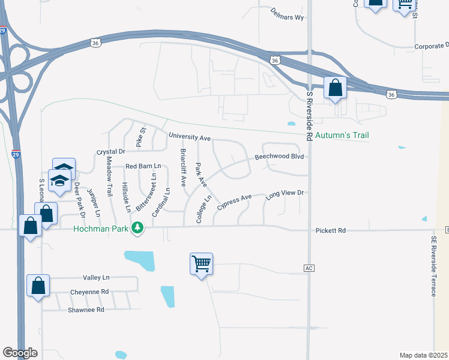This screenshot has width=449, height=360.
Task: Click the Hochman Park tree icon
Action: (138, 228)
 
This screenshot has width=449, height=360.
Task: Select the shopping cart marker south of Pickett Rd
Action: (201, 264)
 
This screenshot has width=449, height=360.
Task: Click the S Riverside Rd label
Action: (310, 116)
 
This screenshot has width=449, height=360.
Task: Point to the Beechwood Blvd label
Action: (280, 156)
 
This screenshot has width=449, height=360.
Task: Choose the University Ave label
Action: (189, 137)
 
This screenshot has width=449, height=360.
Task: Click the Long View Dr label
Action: (286, 193)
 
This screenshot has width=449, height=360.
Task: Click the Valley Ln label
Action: (97, 278)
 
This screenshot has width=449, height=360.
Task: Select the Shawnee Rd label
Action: (86, 310)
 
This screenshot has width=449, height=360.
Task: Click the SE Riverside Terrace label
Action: (433, 266)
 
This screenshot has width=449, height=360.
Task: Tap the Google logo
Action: (20, 353)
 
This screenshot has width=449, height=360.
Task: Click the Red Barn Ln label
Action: (143, 166)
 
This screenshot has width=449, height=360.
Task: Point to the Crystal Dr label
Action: (110, 152)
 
